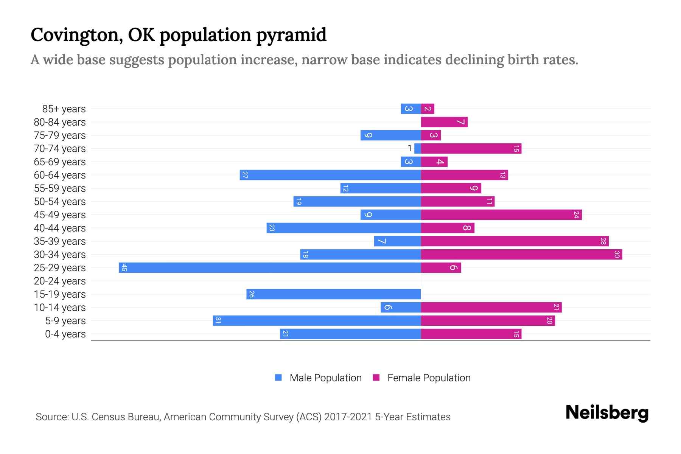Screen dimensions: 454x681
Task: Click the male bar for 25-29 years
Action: pyautogui.click(x=270, y=267)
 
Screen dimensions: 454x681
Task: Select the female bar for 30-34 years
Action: pyautogui.click(x=521, y=254)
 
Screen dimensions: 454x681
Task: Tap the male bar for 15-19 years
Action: pyautogui.click(x=333, y=294)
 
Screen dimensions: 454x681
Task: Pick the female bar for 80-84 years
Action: pyautogui.click(x=444, y=122)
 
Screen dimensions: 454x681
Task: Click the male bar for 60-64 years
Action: pyautogui.click(x=330, y=175)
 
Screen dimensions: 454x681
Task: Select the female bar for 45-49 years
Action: pyautogui.click(x=501, y=215)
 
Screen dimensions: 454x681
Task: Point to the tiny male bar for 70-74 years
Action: pyautogui.click(x=418, y=148)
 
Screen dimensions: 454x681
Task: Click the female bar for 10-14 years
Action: pyautogui.click(x=491, y=307)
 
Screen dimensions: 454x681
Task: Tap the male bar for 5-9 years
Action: pyautogui.click(x=317, y=320)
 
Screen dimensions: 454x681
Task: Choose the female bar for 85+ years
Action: pyautogui.click(x=428, y=109)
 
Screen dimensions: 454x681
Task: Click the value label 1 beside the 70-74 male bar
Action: pyautogui.click(x=409, y=148)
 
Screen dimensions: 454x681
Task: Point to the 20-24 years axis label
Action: pyautogui.click(x=60, y=281)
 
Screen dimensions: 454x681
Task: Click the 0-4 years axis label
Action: pyautogui.click(x=65, y=334)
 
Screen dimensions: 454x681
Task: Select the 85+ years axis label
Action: pyautogui.click(x=64, y=109)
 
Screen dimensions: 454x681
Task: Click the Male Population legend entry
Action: pyautogui.click(x=325, y=378)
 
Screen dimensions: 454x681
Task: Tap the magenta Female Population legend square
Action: pyautogui.click(x=376, y=378)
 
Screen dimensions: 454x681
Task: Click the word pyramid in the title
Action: pyautogui.click(x=291, y=35)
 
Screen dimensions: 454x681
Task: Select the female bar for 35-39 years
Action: pyautogui.click(x=515, y=241)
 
